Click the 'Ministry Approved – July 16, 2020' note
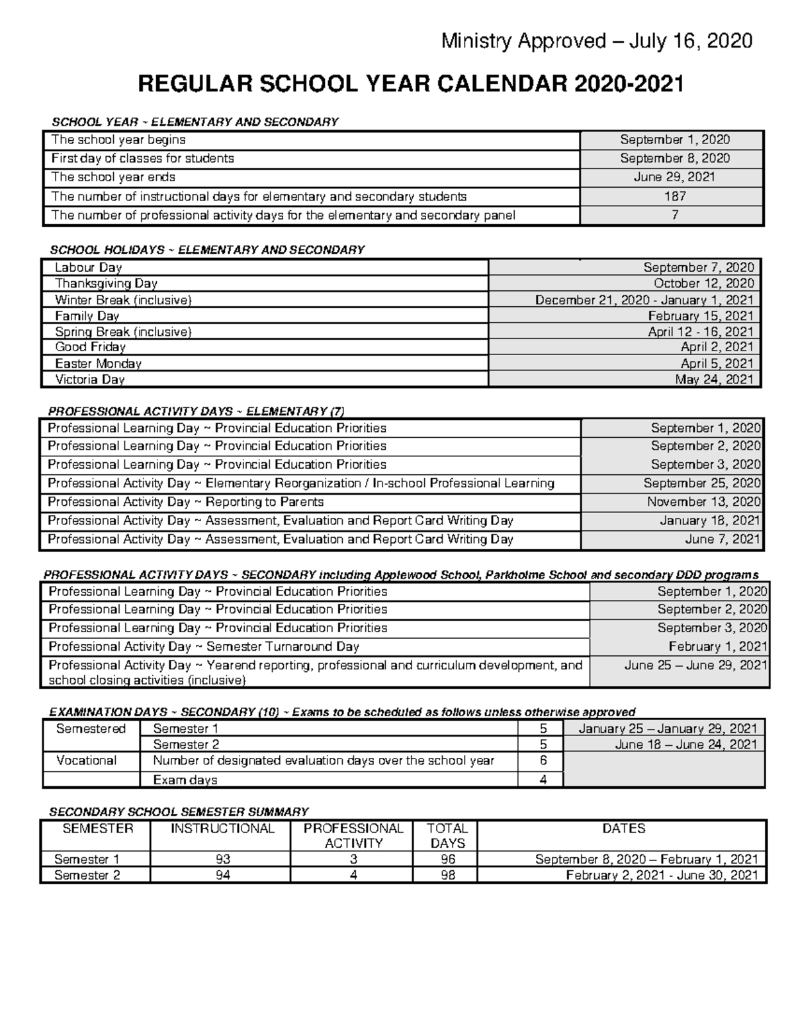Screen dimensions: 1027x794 [596, 41]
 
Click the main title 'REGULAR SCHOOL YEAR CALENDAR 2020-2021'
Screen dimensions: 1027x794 [410, 84]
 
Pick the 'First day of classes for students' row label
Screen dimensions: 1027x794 [143, 159]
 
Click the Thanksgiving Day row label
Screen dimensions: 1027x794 [106, 284]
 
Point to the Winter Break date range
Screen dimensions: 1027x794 [644, 300]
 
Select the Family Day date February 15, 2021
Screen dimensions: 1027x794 [700, 316]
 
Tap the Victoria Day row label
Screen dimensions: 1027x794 [90, 380]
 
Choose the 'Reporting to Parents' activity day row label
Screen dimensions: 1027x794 [186, 502]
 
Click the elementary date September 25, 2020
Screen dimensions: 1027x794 [701, 483]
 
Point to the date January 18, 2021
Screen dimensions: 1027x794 [709, 521]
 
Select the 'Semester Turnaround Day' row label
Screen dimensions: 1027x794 [204, 647]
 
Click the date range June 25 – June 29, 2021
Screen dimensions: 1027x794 [695, 665]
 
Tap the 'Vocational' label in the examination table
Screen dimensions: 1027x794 [87, 760]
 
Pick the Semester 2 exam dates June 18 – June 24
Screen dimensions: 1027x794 [685, 745]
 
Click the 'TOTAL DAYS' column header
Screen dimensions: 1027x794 [447, 836]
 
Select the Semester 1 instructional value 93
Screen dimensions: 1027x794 [222, 859]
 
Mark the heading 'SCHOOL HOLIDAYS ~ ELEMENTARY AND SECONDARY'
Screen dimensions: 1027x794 [207, 250]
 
